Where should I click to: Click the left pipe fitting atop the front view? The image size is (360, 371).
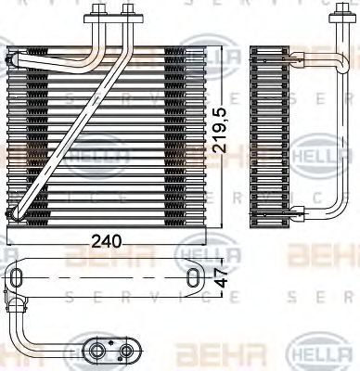96,15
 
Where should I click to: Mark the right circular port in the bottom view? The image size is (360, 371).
126,351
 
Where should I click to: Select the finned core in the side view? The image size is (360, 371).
275,130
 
